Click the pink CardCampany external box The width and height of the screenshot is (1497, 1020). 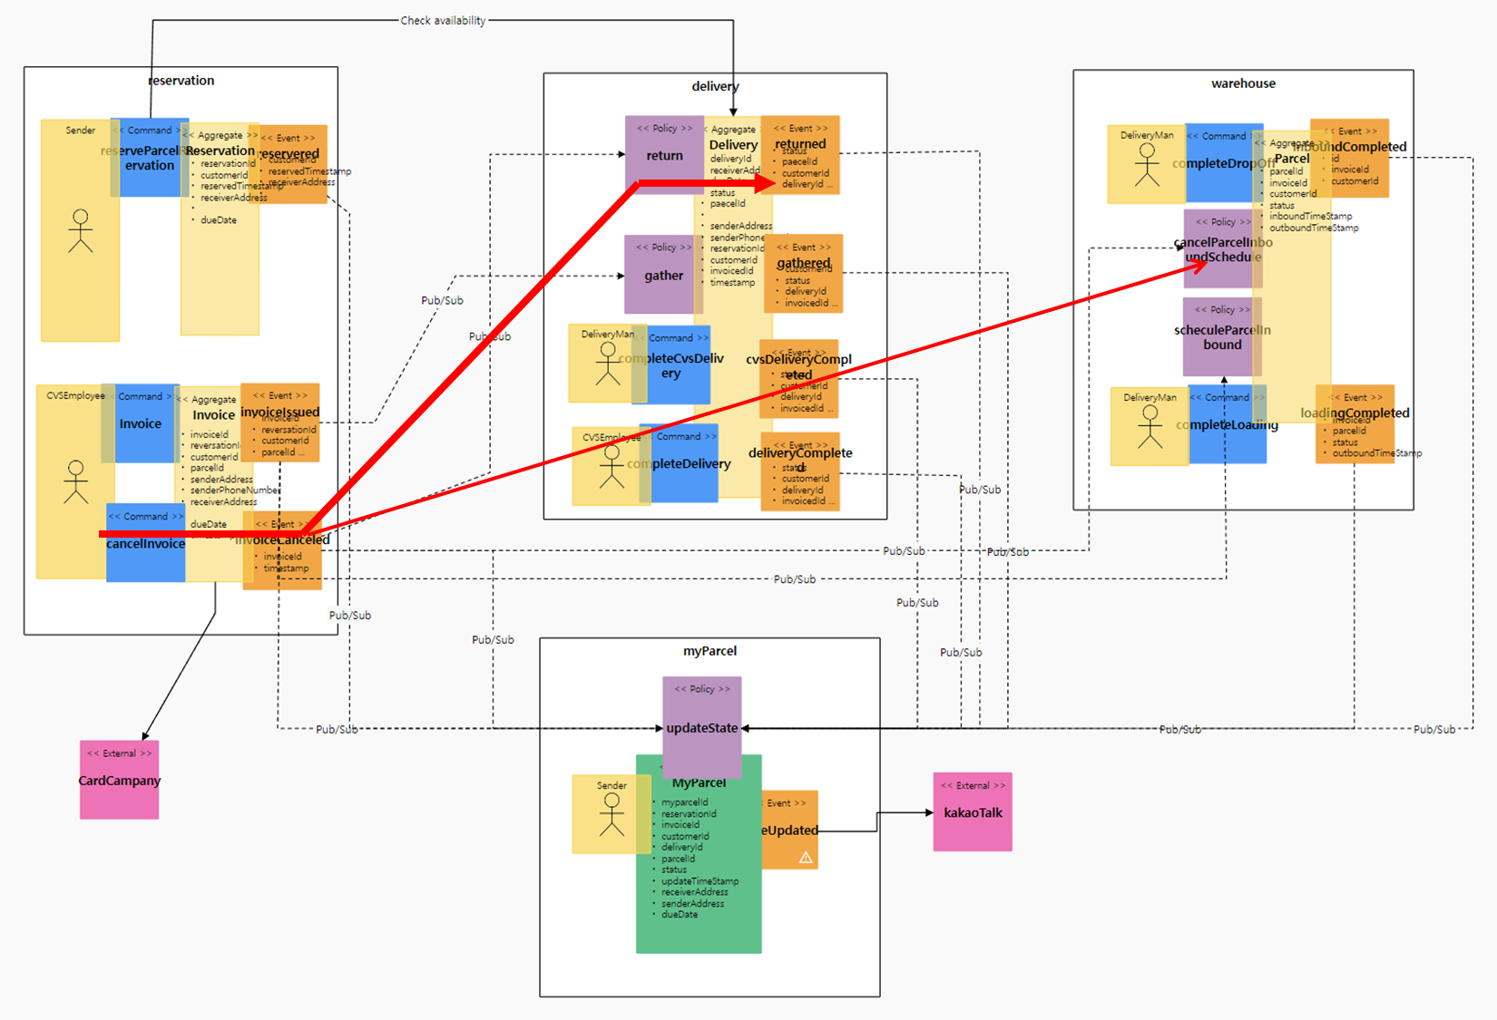119,780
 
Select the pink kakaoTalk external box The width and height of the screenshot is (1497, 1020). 973,811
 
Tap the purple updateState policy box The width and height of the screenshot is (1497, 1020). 701,726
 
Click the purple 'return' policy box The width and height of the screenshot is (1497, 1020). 664,155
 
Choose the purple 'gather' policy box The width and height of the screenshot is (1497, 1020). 663,275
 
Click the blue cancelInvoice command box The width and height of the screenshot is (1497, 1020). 145,544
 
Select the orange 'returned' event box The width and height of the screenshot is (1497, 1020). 800,154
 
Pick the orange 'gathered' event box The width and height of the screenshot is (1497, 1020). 804,273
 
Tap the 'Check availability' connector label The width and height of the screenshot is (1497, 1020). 443,20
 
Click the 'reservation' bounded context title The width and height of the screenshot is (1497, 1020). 181,80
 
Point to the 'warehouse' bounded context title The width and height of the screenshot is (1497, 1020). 1243,83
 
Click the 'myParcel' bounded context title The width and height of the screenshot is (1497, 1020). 709,651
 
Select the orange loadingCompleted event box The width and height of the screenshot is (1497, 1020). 1355,423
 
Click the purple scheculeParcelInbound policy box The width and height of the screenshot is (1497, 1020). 1222,336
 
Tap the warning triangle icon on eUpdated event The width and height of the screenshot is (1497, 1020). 806,857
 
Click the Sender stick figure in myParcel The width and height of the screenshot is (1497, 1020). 612,814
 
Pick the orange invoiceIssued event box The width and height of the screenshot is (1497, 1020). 279,423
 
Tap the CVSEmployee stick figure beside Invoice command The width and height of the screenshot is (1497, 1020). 76,481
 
